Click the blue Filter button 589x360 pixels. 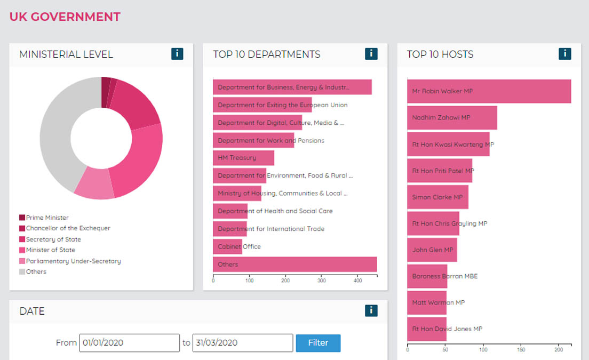[318, 343]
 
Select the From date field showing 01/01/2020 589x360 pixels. [129, 343]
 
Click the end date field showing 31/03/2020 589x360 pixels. [242, 343]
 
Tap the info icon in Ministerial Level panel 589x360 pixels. [177, 54]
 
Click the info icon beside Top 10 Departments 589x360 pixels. [371, 54]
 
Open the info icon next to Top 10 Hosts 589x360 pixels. [564, 54]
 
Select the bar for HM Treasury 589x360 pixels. [243, 158]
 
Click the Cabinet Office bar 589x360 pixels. [227, 246]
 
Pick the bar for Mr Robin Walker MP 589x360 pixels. [489, 91]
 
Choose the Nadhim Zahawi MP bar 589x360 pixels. [452, 117]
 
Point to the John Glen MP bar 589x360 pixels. [432, 250]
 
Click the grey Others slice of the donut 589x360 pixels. [56, 133]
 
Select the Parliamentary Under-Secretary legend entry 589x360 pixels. [73, 261]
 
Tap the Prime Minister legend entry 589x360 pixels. [47, 218]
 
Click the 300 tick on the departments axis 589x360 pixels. [321, 279]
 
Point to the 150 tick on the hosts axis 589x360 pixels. [521, 350]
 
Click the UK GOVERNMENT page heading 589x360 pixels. [65, 17]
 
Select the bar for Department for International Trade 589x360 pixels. [230, 229]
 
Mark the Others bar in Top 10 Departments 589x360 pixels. [294, 265]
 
